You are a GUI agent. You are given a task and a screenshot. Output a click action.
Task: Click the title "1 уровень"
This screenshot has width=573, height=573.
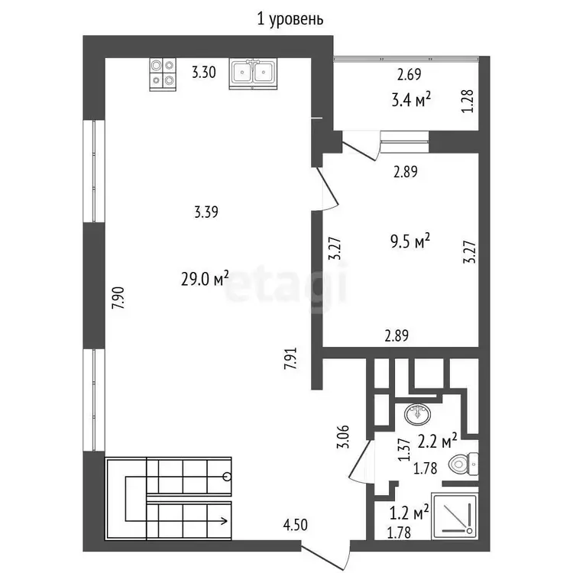coord(290,19)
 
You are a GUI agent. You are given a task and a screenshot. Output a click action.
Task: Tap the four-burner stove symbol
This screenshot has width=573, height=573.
coord(163,74)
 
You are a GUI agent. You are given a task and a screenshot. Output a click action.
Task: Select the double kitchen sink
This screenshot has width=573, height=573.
coord(253,73)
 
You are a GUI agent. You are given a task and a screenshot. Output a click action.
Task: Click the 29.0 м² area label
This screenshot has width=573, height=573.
coord(205,279)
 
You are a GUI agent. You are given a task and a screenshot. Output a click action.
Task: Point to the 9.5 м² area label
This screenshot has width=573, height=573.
coord(410,241)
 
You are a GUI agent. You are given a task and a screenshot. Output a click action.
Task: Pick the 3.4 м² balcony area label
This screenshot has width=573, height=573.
coord(411,99)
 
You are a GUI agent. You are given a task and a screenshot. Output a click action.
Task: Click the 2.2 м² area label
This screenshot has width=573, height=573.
coord(437,441)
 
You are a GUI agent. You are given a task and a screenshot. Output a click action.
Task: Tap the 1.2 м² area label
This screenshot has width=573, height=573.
coord(409,513)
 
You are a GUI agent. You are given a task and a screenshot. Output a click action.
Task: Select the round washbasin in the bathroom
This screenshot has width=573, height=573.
coord(417,415)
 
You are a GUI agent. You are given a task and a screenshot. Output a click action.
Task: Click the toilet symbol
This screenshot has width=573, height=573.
coord(464,464)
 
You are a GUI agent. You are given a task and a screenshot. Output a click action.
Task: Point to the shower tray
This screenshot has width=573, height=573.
coord(455,516)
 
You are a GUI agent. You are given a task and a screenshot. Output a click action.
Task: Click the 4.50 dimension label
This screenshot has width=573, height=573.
coord(295,525)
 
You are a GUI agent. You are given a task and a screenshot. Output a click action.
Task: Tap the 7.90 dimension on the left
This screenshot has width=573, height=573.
coord(118,298)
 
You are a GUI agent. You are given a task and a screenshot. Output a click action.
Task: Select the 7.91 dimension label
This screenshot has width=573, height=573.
coord(291,358)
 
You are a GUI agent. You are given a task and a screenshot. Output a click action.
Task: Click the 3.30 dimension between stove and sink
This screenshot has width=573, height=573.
coord(204,72)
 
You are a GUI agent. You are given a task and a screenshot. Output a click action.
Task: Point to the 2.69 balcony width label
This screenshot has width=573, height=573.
coord(410,74)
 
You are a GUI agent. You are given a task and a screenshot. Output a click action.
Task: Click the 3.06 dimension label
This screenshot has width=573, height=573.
coord(343,436)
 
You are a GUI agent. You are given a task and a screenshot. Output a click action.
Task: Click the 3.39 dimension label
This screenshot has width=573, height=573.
coord(206,212)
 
